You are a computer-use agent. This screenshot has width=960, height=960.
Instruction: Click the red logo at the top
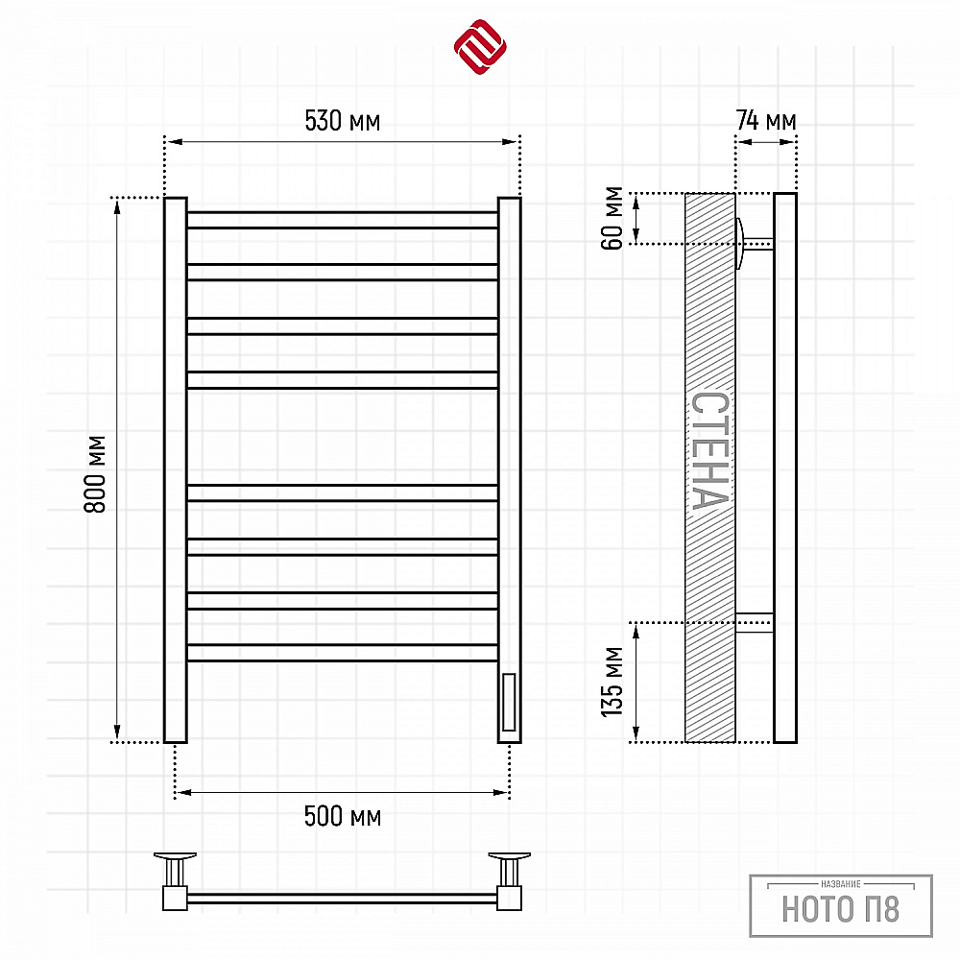(x=480, y=46)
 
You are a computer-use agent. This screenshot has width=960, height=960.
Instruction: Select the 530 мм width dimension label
(x=343, y=121)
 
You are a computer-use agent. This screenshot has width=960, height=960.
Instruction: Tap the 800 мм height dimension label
(x=95, y=474)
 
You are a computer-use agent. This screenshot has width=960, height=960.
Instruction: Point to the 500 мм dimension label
(x=343, y=816)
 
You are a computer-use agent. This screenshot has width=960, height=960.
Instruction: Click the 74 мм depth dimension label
(x=766, y=120)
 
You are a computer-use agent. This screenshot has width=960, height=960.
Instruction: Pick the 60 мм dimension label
(x=612, y=218)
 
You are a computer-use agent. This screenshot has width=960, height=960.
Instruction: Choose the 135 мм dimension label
(x=612, y=682)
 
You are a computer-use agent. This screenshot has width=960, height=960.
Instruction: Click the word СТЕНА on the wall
(x=710, y=450)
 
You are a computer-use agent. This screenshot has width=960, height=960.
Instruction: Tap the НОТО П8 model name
(x=841, y=909)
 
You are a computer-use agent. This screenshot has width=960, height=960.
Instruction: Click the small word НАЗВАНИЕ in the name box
(x=841, y=884)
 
